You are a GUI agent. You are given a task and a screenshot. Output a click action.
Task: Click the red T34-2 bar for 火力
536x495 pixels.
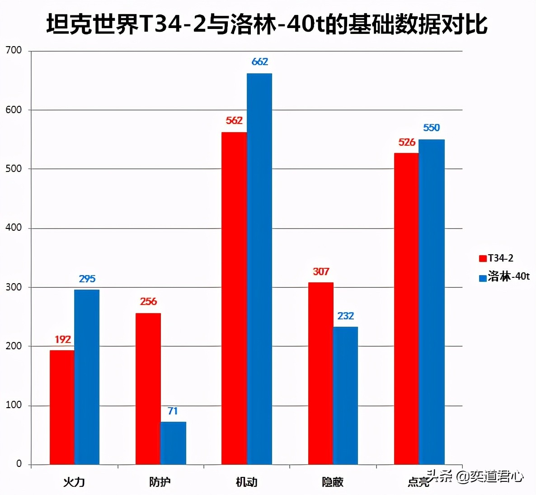62,407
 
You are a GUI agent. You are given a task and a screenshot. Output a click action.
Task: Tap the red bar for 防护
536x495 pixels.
148,389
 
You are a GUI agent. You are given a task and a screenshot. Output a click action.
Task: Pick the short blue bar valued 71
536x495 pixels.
173,443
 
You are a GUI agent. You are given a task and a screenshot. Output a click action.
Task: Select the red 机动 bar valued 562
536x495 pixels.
234,298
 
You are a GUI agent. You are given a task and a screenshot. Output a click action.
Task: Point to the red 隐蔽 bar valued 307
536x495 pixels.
321,373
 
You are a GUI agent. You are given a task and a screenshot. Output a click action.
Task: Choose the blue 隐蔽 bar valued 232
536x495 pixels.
345,395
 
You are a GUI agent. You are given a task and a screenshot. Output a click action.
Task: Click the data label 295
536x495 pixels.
87,279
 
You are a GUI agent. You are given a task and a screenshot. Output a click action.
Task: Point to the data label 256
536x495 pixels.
148,301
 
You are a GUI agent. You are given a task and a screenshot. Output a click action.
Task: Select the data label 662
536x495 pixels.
260,62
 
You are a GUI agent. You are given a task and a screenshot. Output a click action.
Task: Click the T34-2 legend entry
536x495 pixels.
496,258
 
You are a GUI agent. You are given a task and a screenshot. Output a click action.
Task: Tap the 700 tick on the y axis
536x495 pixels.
14,50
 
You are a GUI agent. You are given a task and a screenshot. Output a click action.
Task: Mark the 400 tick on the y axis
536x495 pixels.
14,228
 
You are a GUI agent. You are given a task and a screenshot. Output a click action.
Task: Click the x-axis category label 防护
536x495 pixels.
160,482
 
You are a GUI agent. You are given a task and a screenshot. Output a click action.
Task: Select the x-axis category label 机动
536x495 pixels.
246,482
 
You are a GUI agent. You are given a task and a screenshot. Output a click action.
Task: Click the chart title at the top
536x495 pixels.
267,24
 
